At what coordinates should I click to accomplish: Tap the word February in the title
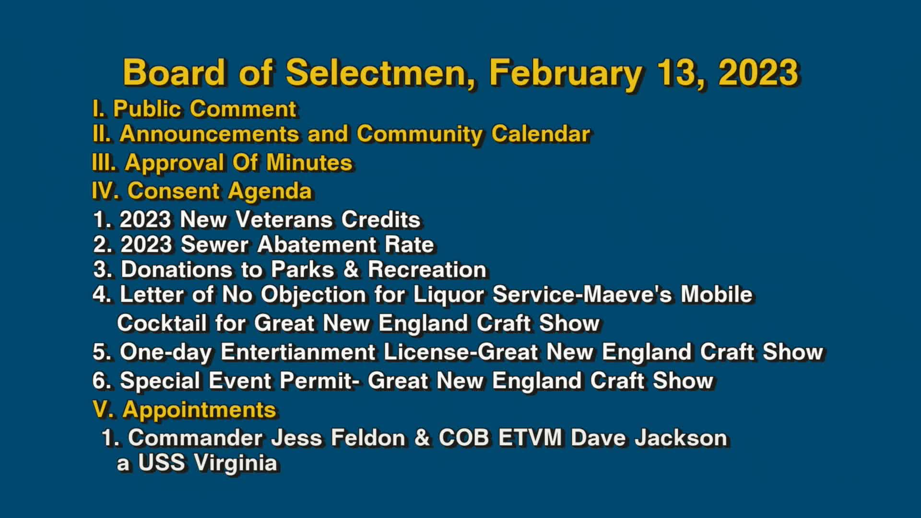566,73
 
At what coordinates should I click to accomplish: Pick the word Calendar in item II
541,134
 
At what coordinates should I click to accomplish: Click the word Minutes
309,163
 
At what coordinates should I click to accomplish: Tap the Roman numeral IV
105,191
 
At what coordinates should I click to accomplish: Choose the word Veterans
284,220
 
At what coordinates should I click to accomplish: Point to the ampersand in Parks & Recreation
351,270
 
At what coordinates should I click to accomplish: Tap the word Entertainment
298,352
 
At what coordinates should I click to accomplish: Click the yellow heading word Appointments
199,410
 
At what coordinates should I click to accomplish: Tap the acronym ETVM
530,438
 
